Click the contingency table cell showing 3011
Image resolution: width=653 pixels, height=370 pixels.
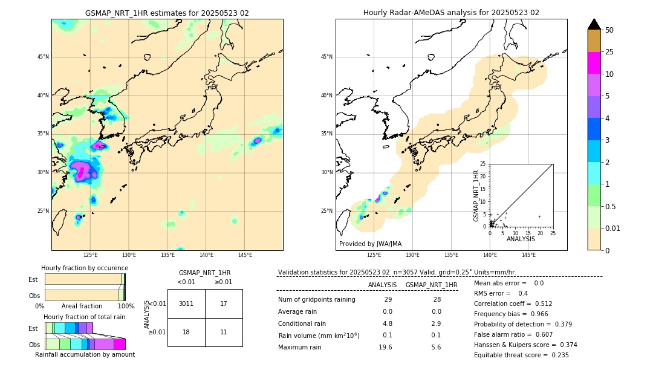tap(186, 303)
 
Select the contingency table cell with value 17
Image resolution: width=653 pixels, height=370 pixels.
tap(224, 303)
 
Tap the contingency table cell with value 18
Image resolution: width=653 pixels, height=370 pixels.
tap(186, 332)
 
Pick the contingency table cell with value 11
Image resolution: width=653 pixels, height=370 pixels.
tap(224, 332)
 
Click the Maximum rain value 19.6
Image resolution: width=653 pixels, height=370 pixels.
tap(385, 347)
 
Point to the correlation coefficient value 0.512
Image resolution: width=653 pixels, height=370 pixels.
tap(540, 304)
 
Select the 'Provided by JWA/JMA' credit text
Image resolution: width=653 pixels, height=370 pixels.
tap(370, 244)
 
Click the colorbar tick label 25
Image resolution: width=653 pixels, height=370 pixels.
tap(609, 53)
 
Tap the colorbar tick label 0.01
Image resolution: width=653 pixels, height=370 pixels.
tap(613, 228)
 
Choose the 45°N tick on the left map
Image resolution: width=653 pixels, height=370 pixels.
tap(42, 57)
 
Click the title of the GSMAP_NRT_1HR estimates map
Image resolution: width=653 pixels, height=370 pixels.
tap(167, 13)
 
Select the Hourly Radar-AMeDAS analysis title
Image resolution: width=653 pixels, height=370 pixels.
tap(451, 13)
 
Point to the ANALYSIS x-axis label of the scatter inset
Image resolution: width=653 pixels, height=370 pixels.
tap(521, 239)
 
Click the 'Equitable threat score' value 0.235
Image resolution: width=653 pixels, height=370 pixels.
tap(559, 355)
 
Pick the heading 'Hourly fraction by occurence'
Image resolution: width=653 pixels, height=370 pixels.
tap(85, 268)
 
